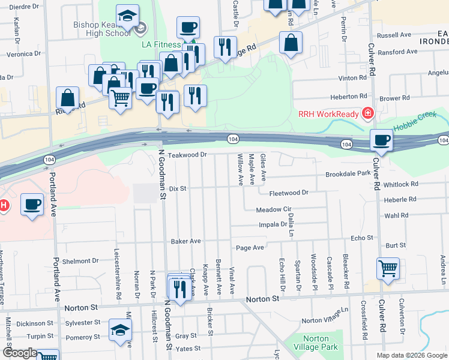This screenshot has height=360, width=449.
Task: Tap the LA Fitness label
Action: [x=161, y=45]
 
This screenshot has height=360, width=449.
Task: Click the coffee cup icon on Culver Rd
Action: [x=381, y=140]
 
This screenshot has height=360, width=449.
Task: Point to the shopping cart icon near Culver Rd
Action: [x=388, y=269]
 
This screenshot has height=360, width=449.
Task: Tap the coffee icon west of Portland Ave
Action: [x=32, y=204]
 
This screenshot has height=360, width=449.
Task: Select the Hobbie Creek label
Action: [x=416, y=127]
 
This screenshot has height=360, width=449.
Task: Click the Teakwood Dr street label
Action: [x=187, y=155]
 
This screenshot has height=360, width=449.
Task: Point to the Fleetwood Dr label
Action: [x=289, y=193]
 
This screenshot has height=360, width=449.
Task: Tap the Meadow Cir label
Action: [x=273, y=210]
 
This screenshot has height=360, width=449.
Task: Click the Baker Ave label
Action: [x=185, y=241]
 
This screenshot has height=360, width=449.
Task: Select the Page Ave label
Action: [x=250, y=247]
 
